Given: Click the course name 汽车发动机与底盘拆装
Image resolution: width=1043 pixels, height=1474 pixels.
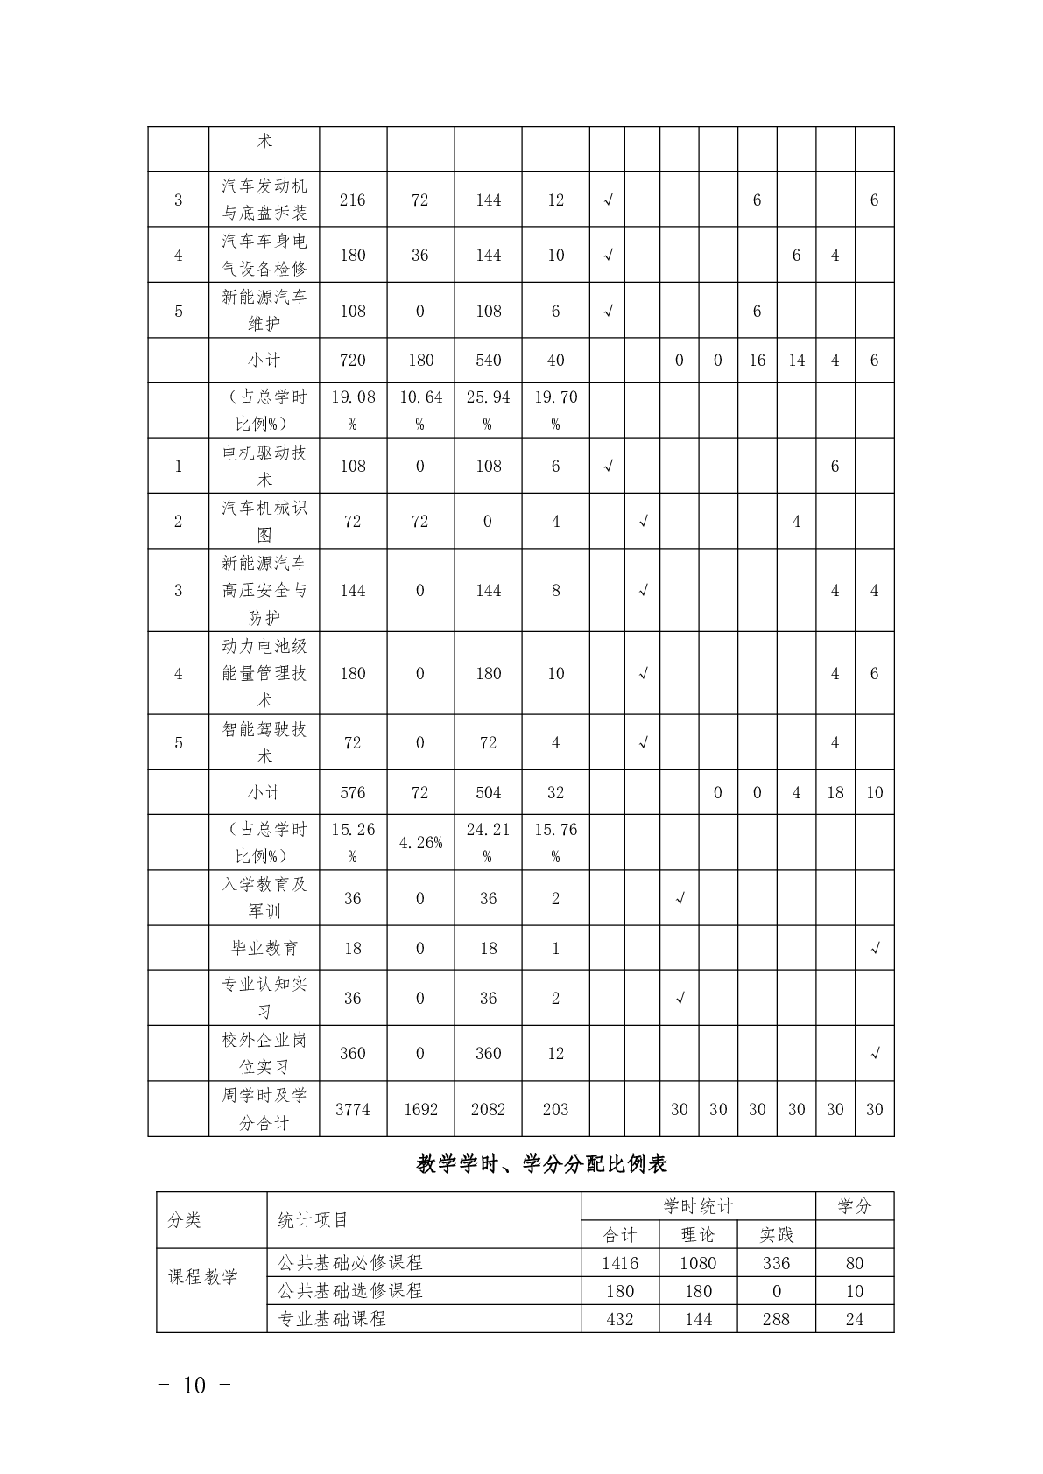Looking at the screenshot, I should point(264,200).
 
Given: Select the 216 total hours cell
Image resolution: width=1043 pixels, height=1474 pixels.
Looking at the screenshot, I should point(352,200).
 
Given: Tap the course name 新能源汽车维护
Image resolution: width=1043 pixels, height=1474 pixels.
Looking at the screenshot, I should point(264,310).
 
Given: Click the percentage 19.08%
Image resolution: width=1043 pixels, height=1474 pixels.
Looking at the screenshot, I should point(352,410).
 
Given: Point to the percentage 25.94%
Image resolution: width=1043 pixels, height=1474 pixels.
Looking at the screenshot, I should point(488,410).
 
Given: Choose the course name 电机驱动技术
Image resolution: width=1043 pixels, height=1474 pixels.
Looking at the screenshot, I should point(264,466).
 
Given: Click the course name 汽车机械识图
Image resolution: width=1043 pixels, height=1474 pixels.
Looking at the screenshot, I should point(264,521).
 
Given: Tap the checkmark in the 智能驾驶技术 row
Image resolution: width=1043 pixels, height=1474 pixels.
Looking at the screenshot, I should point(643,743).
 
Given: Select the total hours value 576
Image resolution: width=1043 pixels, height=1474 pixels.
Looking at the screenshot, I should point(352,792).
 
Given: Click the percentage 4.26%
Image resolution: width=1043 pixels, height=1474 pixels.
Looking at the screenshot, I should point(420,843).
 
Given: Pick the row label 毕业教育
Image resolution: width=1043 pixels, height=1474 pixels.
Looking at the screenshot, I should point(264,948).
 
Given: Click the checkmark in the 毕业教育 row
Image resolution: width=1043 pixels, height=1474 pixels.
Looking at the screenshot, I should point(874,949).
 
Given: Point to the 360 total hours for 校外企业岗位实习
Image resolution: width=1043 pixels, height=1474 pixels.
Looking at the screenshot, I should point(352,1053).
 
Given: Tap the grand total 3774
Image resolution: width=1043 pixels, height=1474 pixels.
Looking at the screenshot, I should point(352,1109).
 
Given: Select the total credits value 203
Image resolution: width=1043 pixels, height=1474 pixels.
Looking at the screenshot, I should point(555,1109).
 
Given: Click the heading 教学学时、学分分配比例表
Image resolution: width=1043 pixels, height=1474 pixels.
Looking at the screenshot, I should point(542,1163).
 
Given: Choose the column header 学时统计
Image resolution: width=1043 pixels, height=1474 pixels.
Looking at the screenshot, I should point(698,1206).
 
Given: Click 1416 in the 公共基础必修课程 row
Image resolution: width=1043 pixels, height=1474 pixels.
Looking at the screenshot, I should point(620,1263).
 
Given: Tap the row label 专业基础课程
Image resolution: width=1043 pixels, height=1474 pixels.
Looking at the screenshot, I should point(332,1319).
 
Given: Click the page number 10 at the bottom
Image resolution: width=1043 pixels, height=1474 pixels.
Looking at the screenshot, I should point(194,1386).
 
